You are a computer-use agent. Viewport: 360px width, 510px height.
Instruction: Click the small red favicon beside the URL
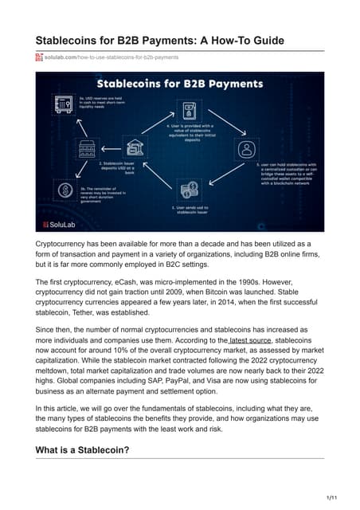tap(38, 58)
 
